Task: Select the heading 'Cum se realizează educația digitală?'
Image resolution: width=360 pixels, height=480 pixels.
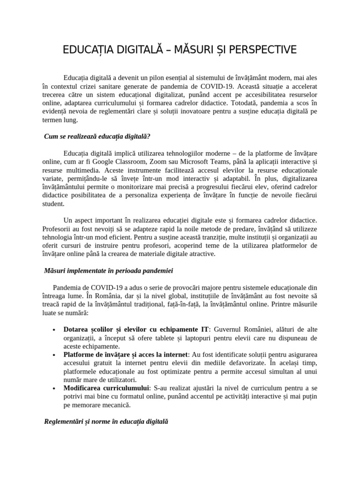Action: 97,136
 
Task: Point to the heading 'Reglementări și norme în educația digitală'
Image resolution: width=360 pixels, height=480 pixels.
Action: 105,421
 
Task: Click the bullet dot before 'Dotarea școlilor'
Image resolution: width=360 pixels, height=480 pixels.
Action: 56,330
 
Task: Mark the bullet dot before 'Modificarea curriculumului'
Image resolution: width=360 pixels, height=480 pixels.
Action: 56,388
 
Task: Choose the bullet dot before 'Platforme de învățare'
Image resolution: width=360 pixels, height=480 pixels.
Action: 56,355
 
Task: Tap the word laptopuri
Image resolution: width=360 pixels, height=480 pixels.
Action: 207,338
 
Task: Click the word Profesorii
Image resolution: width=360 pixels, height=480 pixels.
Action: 56,229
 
